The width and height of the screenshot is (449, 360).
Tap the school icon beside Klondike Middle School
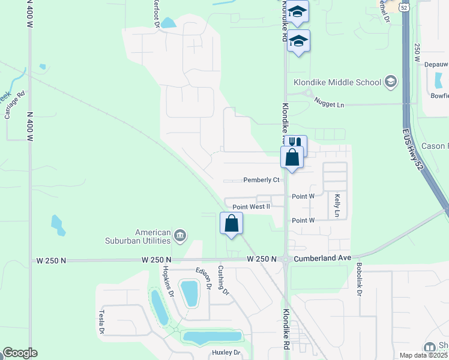click(x=391, y=82)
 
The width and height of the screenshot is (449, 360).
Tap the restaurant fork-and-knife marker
click(x=295, y=143)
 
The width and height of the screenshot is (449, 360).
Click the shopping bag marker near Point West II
click(x=231, y=223)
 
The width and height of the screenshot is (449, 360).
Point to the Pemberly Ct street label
click(x=261, y=179)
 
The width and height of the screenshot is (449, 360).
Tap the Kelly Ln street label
click(x=337, y=205)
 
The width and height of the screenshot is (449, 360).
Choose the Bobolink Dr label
click(x=360, y=279)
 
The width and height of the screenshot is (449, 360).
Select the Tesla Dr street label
click(x=102, y=323)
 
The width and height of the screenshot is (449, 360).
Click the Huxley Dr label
click(x=226, y=352)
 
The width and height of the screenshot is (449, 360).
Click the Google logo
click(x=19, y=353)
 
